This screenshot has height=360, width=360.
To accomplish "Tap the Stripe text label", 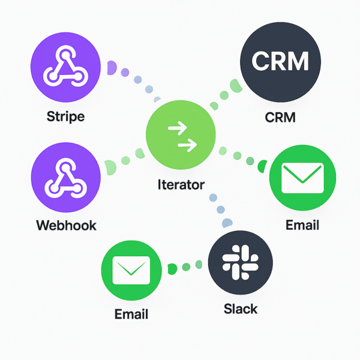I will point(65,116).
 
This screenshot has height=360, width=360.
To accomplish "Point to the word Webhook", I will point(66,226).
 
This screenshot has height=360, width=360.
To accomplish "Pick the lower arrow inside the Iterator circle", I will point(187,145).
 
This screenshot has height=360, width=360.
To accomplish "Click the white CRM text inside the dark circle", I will point(280,61).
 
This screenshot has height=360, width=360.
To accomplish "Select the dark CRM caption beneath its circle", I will point(280,116).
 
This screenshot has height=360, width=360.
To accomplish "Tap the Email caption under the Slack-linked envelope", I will point(131,314).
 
